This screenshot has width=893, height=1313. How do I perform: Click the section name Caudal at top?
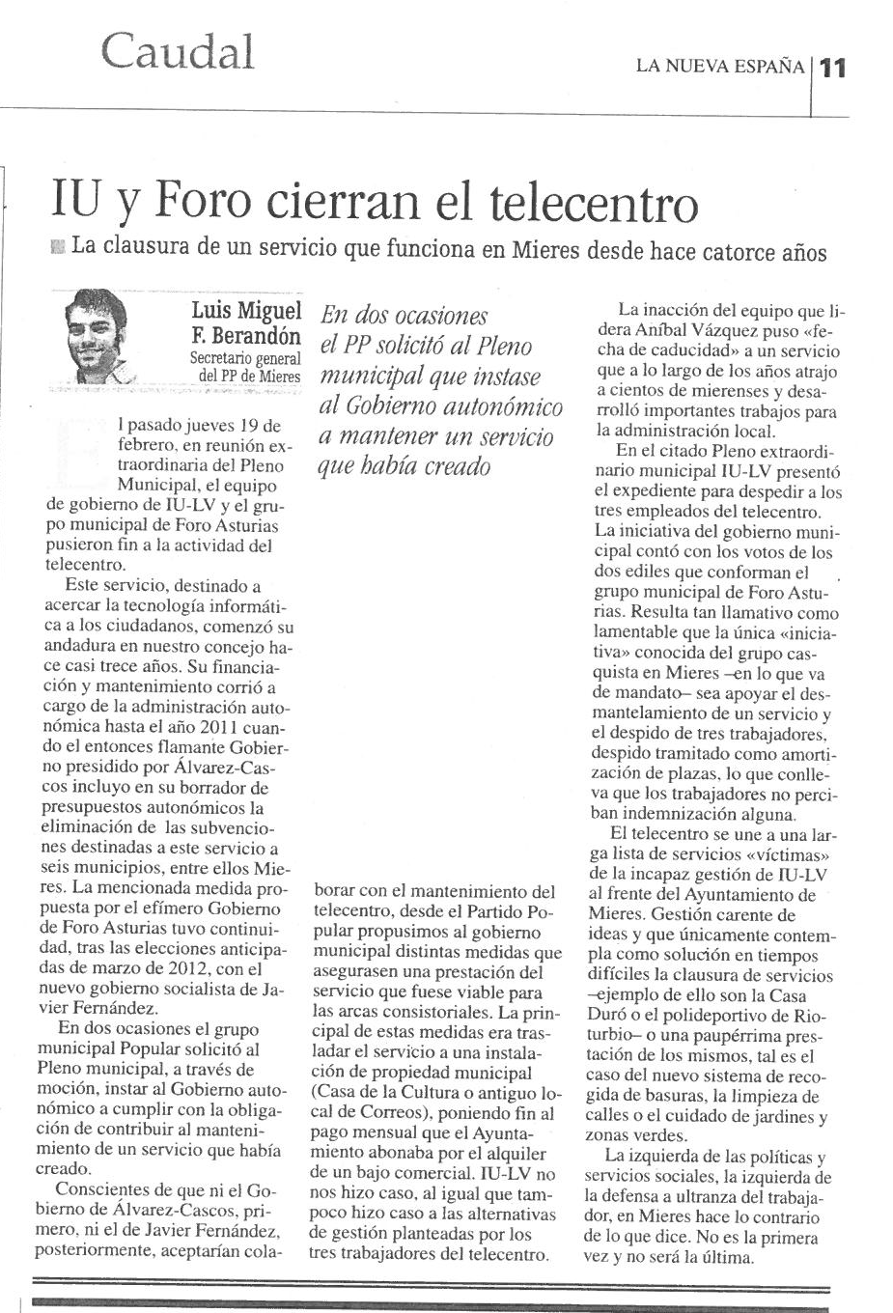pos(178,50)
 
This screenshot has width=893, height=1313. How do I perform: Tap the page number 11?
pos(831,68)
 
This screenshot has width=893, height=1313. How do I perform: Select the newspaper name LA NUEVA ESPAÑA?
pos(719,67)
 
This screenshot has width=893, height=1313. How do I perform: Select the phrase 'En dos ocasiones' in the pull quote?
pos(405,315)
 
